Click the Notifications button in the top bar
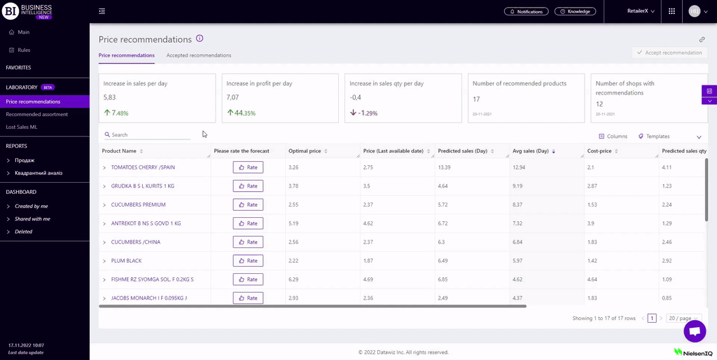[526, 11]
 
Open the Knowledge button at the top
[575, 11]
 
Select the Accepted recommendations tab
[199, 55]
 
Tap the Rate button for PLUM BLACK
[248, 261]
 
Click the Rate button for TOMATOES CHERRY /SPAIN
[248, 167]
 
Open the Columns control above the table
[613, 137]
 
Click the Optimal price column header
[305, 151]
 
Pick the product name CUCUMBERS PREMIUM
[138, 205]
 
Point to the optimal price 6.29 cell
[293, 279]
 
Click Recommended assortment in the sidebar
[37, 114]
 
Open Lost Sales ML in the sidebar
[22, 127]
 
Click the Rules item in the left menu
[24, 50]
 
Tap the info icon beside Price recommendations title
[200, 39]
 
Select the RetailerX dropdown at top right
[641, 11]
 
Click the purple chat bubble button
[695, 331]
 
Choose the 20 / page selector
[683, 318]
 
